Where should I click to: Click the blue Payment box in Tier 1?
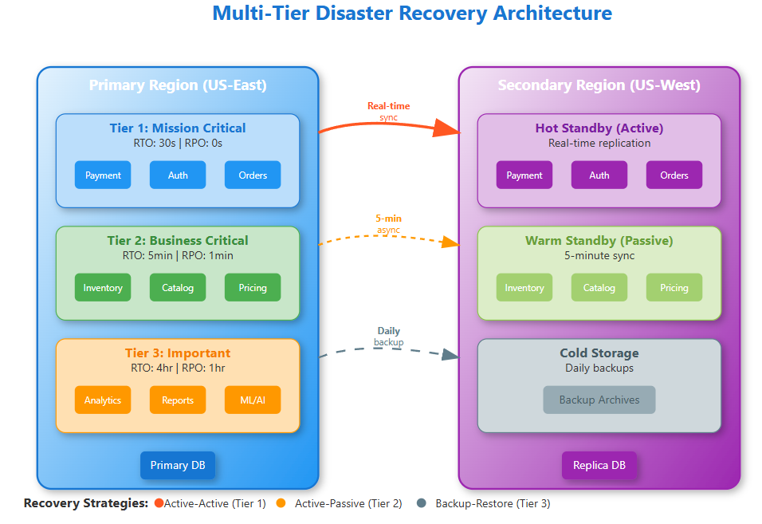(x=103, y=175)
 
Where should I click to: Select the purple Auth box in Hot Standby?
(x=599, y=175)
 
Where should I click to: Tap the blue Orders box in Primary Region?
(x=253, y=175)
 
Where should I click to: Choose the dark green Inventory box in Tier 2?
(x=103, y=288)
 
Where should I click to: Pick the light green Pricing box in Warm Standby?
(x=674, y=288)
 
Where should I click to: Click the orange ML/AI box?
(x=253, y=400)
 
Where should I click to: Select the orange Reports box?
(x=178, y=400)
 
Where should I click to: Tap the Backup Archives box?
(x=599, y=400)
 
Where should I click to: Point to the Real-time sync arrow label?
(x=388, y=112)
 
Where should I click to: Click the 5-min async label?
(x=388, y=224)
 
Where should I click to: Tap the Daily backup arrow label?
(x=388, y=337)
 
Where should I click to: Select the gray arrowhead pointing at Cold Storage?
(x=450, y=354)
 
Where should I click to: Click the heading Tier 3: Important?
(x=178, y=353)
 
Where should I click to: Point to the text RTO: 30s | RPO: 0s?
(x=178, y=144)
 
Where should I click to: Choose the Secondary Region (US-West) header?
(x=599, y=85)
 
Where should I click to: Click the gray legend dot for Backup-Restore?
(x=422, y=504)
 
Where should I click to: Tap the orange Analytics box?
(x=103, y=400)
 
